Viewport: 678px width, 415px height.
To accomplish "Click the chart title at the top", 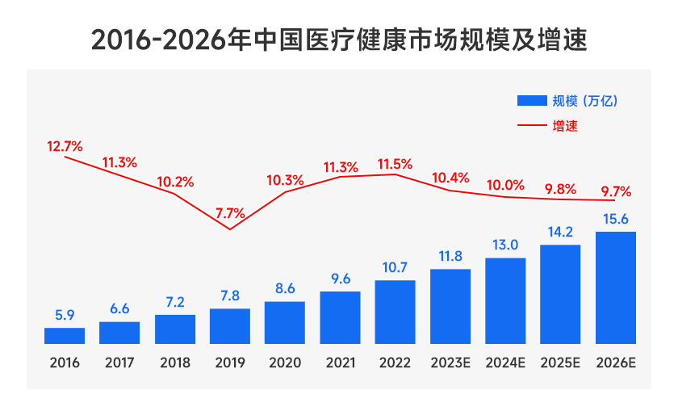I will pyautogui.click(x=339, y=39).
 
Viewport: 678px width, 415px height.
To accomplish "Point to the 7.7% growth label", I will pyautogui.click(x=230, y=214).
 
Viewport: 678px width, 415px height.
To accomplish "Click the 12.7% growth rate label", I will pyautogui.click(x=65, y=146).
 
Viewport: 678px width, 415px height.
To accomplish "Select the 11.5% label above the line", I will pyautogui.click(x=395, y=164).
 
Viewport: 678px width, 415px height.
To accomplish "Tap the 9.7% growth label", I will pyautogui.click(x=615, y=191).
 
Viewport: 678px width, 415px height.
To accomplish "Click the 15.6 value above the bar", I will pyautogui.click(x=615, y=219).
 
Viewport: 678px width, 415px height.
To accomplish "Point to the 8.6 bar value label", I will pyautogui.click(x=285, y=288).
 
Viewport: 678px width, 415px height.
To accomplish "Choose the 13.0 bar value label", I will pyautogui.click(x=505, y=245).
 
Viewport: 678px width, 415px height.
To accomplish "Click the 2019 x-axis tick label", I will pyautogui.click(x=230, y=363).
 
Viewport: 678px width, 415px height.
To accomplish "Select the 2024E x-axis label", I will pyautogui.click(x=505, y=363).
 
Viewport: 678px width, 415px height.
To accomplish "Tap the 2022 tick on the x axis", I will pyautogui.click(x=395, y=363).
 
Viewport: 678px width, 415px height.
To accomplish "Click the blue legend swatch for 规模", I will pyautogui.click(x=531, y=101).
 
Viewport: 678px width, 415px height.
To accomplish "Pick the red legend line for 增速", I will pyautogui.click(x=531, y=126).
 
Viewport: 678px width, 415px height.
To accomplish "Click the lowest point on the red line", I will pyautogui.click(x=230, y=229).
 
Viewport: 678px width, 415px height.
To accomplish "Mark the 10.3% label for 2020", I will pyautogui.click(x=285, y=180).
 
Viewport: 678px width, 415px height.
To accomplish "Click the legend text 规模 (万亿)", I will pyautogui.click(x=584, y=101).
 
